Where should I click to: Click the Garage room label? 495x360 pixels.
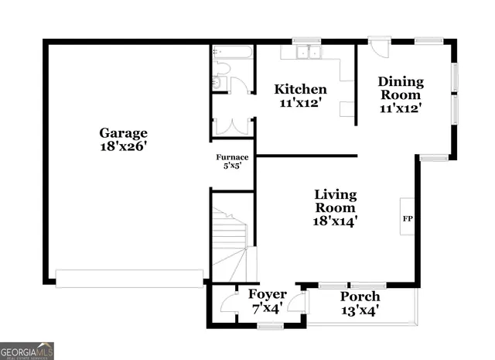tap(123, 132)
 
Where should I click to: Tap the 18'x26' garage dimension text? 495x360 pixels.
tap(123, 146)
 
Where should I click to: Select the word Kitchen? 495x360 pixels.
tap(301, 89)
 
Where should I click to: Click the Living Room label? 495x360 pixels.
tap(335, 201)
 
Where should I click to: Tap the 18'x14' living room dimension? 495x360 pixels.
tap(335, 221)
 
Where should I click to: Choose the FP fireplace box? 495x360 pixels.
tap(408, 218)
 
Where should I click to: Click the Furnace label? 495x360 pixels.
tap(232, 157)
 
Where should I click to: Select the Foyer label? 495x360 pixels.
tap(267, 295)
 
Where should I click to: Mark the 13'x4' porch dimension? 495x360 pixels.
tap(360, 311)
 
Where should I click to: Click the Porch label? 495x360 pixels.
tap(360, 297)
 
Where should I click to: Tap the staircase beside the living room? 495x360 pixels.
tap(230, 240)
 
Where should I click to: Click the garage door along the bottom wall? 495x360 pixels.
tap(129, 278)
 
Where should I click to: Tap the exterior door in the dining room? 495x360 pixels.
tap(377, 47)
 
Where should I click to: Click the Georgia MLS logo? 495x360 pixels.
tap(27, 351)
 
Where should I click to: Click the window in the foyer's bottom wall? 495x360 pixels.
tap(270, 326)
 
